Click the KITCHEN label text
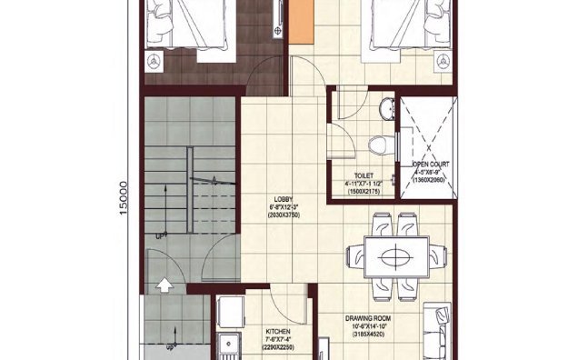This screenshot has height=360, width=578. click(x=277, y=332)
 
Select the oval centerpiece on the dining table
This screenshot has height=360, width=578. click(x=397, y=256)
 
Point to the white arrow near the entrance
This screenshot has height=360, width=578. click(x=165, y=285)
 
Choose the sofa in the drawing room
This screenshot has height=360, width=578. click(x=438, y=327)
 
